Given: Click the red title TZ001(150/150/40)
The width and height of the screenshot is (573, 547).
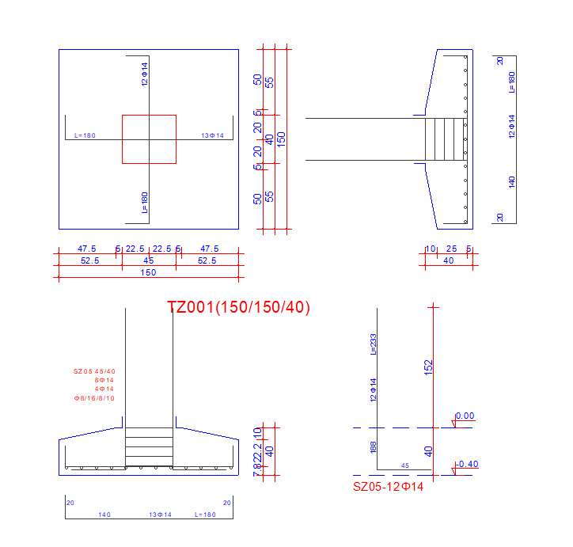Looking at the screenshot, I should tap(239, 307).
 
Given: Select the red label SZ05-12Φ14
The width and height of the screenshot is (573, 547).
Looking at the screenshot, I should tap(388, 487).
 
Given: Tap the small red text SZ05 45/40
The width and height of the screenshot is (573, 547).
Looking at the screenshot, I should tap(94, 370).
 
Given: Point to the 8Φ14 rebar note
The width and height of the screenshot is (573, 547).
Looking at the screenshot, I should tap(104, 380).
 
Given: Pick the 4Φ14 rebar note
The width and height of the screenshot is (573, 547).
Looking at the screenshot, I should tap(104, 389).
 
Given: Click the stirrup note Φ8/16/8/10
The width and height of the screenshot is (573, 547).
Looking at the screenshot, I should tap(94, 398).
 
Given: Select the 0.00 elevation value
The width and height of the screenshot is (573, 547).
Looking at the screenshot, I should tap(465, 416).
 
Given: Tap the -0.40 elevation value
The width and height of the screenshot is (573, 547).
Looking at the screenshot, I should tap(467, 464).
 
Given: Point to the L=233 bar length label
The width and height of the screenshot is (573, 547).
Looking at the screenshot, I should tap(373, 342).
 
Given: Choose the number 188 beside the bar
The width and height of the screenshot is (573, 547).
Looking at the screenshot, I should tap(373, 448).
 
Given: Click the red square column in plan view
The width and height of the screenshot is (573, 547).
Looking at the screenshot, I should tap(149, 139).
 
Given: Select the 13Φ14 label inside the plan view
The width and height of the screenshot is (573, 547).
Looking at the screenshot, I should tap(212, 136).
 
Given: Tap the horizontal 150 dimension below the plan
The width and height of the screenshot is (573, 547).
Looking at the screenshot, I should tap(148, 272).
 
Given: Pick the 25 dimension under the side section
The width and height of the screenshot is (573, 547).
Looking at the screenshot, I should tap(451, 249).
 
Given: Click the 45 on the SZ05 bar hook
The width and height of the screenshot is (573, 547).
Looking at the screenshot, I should tap(405, 465).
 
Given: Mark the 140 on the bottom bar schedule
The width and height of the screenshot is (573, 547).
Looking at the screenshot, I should tap(104, 515).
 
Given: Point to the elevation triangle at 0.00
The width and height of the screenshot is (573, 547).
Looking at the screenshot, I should tap(454, 424).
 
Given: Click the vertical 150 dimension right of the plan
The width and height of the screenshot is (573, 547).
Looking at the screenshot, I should tap(281, 139).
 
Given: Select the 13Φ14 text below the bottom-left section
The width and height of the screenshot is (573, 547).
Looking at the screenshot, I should tap(161, 515).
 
